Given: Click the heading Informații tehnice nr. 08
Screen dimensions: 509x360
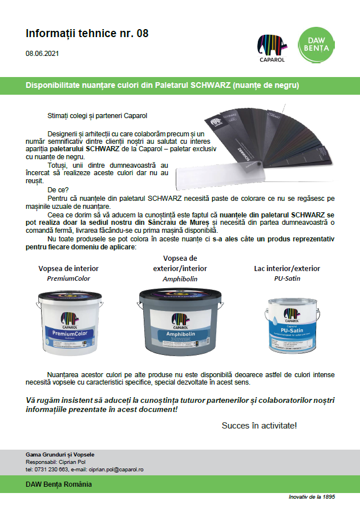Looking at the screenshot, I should (x=87, y=33).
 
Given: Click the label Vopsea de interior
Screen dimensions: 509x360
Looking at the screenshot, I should (x=68, y=268).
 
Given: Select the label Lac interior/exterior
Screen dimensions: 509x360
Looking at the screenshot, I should (x=287, y=268).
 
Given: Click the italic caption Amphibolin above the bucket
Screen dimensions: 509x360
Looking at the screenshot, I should (x=179, y=278).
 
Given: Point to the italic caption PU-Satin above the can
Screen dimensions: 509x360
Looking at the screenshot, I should (x=287, y=278).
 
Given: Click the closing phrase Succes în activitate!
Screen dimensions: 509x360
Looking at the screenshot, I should (x=259, y=426).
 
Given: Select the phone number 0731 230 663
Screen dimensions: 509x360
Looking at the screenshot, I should (x=51, y=468).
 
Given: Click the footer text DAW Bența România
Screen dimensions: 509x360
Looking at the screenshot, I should (x=59, y=484).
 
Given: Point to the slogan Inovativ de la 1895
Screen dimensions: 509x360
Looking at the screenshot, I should (x=312, y=497).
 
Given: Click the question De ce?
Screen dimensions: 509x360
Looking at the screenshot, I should (x=58, y=189).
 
